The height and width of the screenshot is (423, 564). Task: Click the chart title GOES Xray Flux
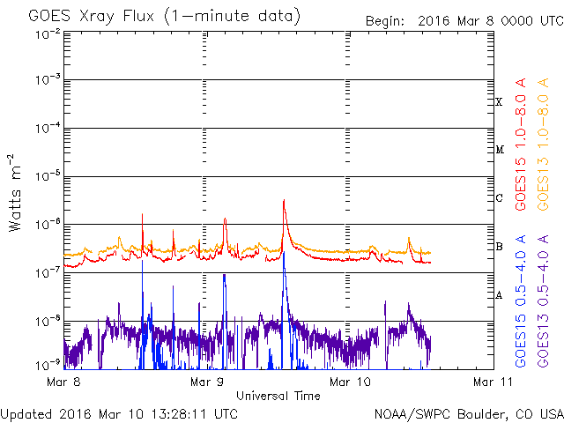(92, 16)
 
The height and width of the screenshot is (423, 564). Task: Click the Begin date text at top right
(464, 21)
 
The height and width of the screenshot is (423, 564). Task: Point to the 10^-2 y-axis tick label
(48, 35)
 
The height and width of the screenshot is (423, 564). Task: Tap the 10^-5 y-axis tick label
(48, 176)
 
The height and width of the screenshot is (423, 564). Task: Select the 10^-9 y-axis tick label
(48, 366)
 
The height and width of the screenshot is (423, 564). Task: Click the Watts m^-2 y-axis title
(15, 193)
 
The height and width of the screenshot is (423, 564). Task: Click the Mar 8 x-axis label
(63, 382)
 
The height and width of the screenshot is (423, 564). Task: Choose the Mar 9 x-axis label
(207, 382)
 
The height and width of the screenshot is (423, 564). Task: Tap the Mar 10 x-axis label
(350, 382)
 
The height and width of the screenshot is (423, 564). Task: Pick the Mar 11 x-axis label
(493, 382)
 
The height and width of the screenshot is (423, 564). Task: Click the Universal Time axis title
(278, 396)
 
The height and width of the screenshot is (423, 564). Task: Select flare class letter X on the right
(499, 102)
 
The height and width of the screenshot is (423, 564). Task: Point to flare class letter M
(500, 150)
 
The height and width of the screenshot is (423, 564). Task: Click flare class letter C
(499, 197)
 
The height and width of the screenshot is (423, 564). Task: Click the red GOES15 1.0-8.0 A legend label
(521, 144)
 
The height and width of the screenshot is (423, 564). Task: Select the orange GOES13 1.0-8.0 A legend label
(543, 144)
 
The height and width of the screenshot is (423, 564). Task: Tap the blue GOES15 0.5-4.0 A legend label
(521, 301)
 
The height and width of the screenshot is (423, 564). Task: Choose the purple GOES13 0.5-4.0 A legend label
(543, 301)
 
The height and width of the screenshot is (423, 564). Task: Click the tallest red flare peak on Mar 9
(284, 200)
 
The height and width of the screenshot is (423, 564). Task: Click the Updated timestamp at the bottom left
(119, 414)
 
